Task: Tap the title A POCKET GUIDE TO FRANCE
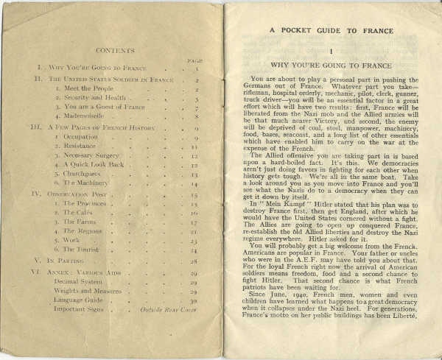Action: click(333, 30)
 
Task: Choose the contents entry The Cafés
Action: click(80, 212)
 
